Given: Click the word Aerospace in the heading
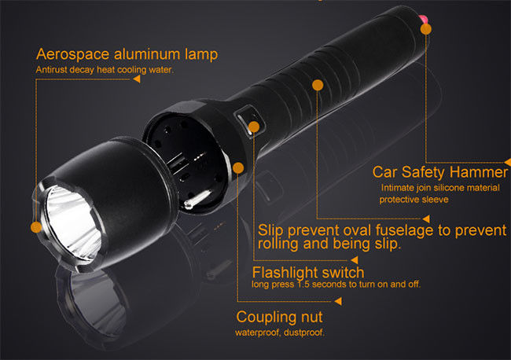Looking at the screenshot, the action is click(72, 54).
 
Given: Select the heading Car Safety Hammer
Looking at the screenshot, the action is click(440, 172).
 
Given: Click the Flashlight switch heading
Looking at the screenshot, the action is click(308, 273).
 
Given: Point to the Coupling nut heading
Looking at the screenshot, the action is click(279, 317).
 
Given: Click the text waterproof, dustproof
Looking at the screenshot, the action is click(280, 332).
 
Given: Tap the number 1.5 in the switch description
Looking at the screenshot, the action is click(303, 284).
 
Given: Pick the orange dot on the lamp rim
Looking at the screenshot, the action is click(36, 227).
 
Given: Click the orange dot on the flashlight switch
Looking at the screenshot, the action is click(254, 127).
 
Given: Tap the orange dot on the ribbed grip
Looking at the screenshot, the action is click(318, 86).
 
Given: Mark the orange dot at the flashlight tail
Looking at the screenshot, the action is click(426, 29).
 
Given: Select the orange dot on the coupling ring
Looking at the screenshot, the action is click(238, 168).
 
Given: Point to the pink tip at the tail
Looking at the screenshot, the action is click(423, 19).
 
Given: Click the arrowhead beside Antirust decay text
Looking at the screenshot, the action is click(137, 79).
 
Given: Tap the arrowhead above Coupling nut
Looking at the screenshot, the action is click(338, 301).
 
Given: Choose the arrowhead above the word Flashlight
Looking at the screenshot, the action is click(355, 260).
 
